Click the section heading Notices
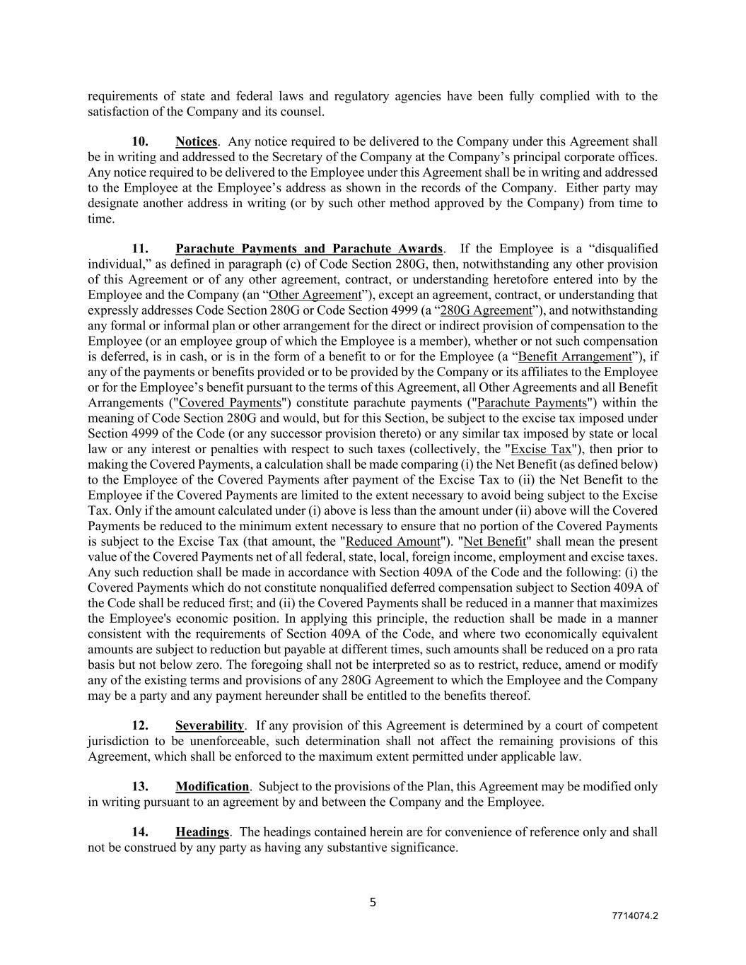[x=196, y=142]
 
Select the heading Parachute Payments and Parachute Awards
[x=309, y=249]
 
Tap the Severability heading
[x=209, y=726]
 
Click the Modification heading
[x=212, y=787]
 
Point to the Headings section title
[x=202, y=832]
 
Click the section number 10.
[x=140, y=142]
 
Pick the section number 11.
[x=140, y=249]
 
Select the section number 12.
[x=140, y=726]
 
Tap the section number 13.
[x=140, y=787]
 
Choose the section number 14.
[x=140, y=832]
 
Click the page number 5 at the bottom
[x=373, y=902]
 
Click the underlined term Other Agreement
[x=315, y=295]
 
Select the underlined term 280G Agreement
[x=486, y=310]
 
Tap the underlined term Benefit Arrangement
[x=575, y=356]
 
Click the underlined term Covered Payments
[x=231, y=403]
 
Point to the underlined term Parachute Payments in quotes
[x=532, y=403]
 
